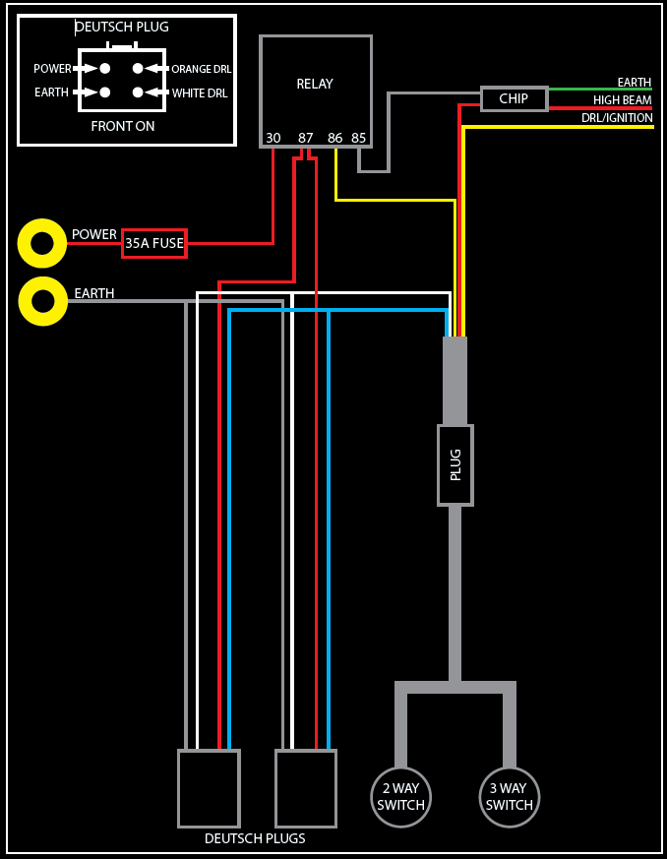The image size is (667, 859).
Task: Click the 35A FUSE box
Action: point(154,243)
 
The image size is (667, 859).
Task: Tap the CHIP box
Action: point(514,98)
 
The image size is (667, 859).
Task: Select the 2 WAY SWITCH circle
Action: point(400,797)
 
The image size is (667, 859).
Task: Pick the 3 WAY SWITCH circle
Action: point(510,797)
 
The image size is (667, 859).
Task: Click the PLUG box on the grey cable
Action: point(455,465)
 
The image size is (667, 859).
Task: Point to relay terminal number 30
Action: point(273,138)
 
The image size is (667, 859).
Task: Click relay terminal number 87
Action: point(306,138)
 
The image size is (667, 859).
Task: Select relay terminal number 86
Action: point(335,138)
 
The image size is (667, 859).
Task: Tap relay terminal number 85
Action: point(359,138)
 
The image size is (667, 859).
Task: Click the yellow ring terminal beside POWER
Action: point(42,243)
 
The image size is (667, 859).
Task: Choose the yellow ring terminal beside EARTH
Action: point(42,301)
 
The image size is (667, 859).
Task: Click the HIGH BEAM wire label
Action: point(623,100)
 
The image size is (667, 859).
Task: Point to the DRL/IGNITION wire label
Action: point(617,118)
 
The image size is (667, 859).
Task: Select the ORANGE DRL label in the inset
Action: point(201,69)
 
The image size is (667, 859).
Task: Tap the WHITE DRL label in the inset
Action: point(200,93)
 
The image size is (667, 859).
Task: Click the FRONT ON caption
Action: point(123,127)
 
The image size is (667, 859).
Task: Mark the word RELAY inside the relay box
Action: point(315,85)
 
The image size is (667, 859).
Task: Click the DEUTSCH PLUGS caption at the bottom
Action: point(255,839)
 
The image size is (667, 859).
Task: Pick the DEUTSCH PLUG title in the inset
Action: point(123,28)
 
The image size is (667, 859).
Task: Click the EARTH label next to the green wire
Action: point(635,83)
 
